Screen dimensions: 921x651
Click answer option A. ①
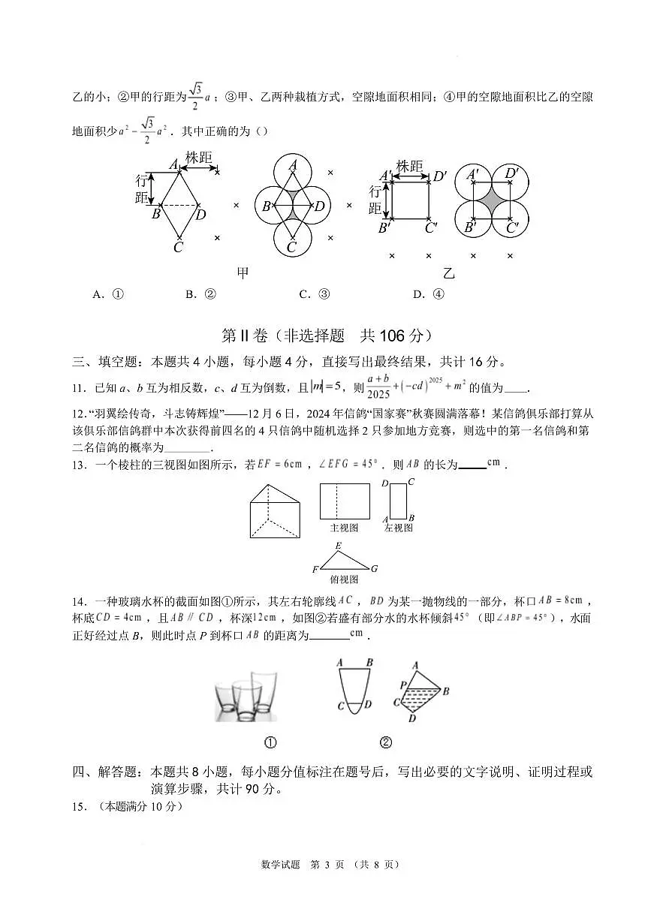coord(108,294)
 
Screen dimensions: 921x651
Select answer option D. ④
coord(429,294)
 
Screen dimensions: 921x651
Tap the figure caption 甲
coord(243,273)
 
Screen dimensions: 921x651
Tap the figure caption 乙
coord(449,273)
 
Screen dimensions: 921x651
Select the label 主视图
coord(344,528)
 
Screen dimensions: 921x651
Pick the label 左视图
coord(399,528)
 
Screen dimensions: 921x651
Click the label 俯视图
coord(344,579)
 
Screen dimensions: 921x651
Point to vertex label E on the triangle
coord(339,546)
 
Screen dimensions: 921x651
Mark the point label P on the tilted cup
coord(403,685)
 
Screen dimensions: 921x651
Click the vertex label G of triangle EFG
coord(374,568)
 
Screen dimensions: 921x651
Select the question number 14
coord(78,601)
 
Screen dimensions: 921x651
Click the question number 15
coord(78,807)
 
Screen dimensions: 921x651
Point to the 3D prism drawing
coord(275,511)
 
